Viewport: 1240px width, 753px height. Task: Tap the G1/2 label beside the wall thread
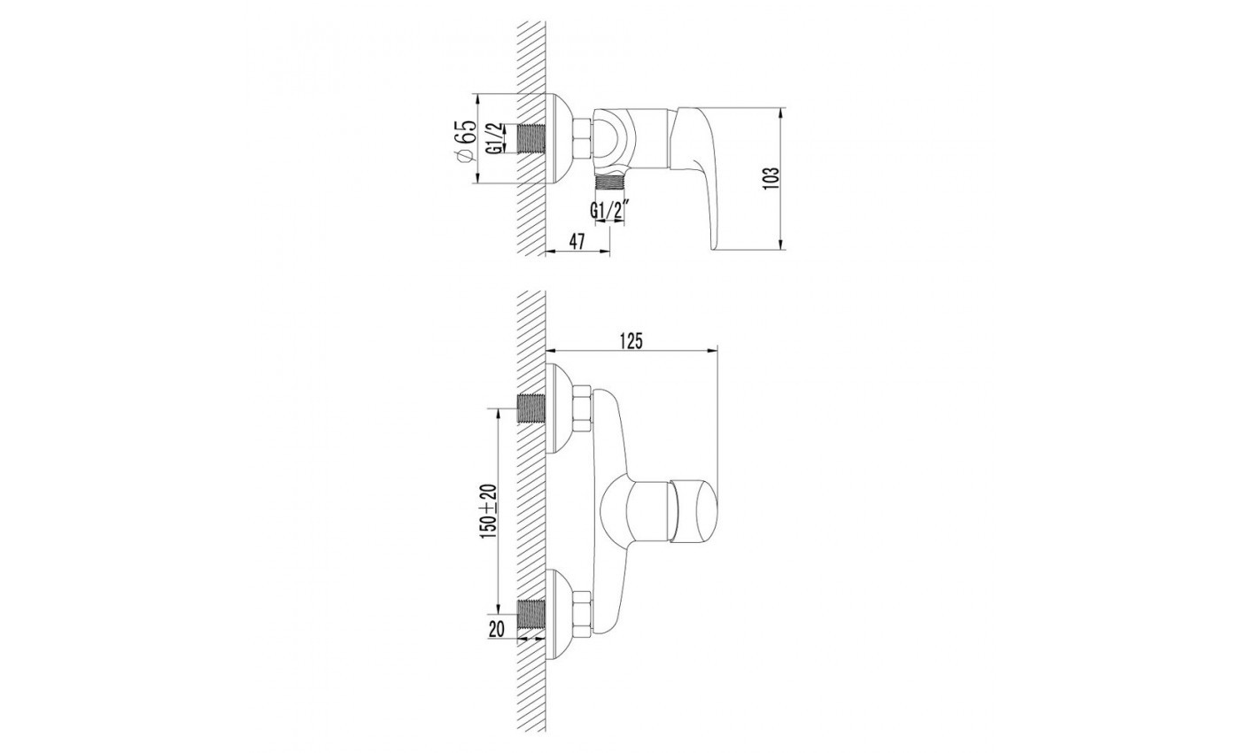coord(495,138)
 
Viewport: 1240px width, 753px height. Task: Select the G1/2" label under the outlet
coord(612,211)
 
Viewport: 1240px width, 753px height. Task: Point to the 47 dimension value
coord(577,242)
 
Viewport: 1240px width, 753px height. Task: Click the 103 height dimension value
coord(771,178)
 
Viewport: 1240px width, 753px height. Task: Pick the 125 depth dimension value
coord(632,341)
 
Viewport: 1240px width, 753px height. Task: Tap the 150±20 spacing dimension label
coord(489,512)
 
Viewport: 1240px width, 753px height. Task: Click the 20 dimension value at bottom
coord(497,630)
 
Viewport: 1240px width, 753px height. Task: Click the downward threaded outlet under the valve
coord(610,182)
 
